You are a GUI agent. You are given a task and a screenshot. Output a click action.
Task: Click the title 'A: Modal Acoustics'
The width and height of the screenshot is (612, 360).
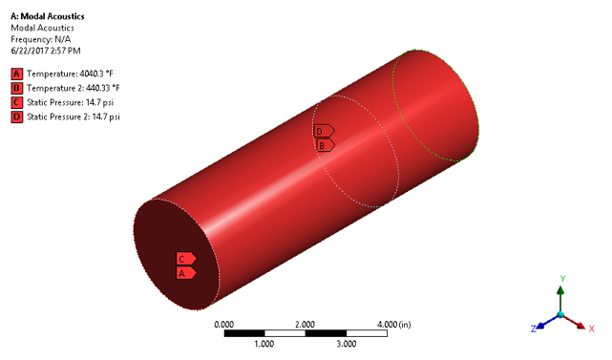pyautogui.click(x=49, y=16)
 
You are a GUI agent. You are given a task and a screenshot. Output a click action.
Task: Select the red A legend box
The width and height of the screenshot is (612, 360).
pyautogui.click(x=16, y=74)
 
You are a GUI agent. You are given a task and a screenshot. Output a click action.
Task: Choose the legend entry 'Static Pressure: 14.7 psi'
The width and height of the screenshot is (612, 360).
pyautogui.click(x=78, y=102)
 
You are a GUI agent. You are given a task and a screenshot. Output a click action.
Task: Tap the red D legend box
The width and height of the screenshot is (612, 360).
pyautogui.click(x=16, y=116)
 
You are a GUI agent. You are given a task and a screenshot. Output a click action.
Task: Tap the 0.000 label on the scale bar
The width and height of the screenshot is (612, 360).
pyautogui.click(x=224, y=325)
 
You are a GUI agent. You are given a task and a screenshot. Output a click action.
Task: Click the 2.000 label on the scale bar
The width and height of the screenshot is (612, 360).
pyautogui.click(x=305, y=325)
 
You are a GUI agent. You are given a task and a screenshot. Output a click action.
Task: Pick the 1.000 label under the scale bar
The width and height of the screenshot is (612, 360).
pyautogui.click(x=264, y=343)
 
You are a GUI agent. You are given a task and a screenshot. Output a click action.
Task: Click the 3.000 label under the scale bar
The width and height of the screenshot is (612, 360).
pyautogui.click(x=346, y=343)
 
